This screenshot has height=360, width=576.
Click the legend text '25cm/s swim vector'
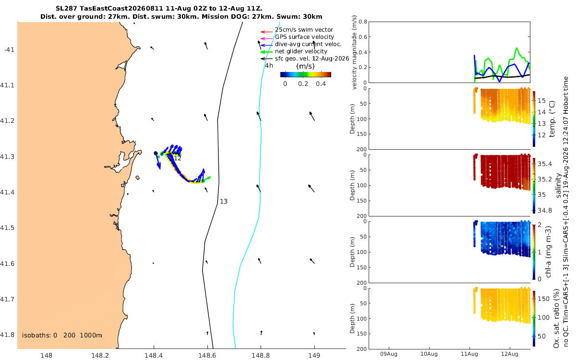coord(304,30)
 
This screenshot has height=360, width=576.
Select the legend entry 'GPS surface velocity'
coord(304,37)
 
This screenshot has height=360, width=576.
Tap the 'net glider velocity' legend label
coord(301,51)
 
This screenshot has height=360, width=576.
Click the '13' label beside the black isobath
coord(224,201)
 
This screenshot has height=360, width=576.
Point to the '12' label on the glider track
coord(178,158)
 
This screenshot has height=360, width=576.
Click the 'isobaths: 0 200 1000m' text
coord(62,336)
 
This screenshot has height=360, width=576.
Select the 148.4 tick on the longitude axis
coord(154,355)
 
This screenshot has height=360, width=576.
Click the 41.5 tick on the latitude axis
coord(7,228)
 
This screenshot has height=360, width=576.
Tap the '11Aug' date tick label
coord(469,354)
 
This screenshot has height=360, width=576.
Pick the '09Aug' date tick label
coord(389,354)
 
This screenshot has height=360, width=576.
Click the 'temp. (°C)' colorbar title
coord(552,119)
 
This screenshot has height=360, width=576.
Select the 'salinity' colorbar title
coord(558,185)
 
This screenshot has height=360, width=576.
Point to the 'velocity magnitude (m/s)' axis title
coord(354,52)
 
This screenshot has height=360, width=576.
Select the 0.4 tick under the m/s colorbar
coord(321,84)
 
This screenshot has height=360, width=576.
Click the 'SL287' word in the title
coord(66,9)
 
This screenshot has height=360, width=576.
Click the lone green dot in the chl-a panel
coord(502,246)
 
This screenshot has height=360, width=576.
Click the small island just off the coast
coord(137,178)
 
